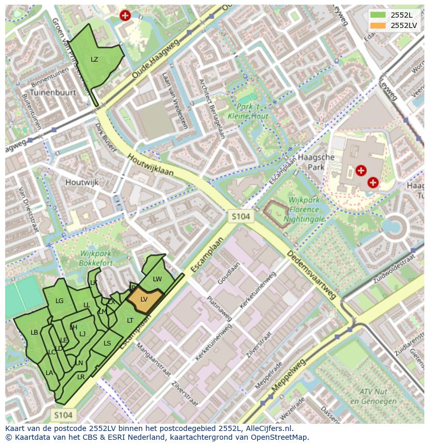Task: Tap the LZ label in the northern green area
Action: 94,60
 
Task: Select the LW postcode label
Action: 158,279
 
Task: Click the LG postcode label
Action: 60,301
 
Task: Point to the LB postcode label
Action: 34,333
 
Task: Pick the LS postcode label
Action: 107,343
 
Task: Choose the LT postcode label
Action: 130,321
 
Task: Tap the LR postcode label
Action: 81,377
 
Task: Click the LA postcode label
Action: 49,372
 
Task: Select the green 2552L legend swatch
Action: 378,15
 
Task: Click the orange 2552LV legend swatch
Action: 378,25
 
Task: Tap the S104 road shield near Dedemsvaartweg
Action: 241,216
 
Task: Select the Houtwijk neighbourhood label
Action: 82,182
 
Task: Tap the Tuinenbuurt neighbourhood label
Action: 53,92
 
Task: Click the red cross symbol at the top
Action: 125,16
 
